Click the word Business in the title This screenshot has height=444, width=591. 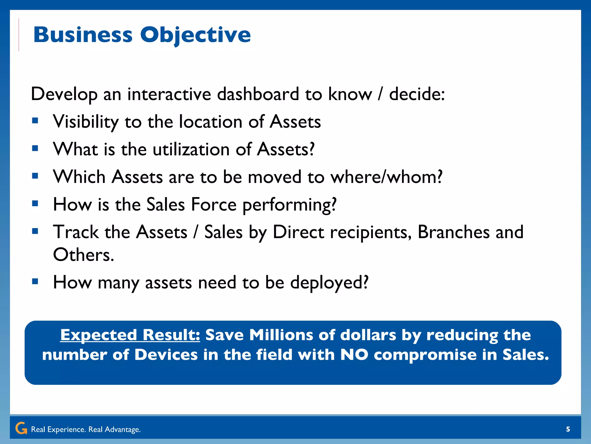coord(83,35)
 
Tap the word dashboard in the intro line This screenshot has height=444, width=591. coord(258,94)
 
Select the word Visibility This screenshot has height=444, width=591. coord(86,122)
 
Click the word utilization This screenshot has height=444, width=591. coord(191,149)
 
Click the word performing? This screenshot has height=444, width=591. coord(289,205)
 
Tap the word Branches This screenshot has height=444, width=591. coord(453,232)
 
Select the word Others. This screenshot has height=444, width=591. coord(83,255)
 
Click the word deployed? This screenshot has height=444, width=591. coord(329,282)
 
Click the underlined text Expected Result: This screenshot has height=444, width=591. coord(130,335)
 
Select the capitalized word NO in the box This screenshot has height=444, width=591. coord(354,355)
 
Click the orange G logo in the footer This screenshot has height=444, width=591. coord(21,428)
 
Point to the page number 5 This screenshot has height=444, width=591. coord(568,429)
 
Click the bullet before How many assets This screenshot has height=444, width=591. coord(35,281)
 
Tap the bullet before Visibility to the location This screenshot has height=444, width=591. coord(35,121)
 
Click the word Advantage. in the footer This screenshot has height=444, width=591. coord(122,430)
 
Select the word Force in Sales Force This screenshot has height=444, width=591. coord(214,205)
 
